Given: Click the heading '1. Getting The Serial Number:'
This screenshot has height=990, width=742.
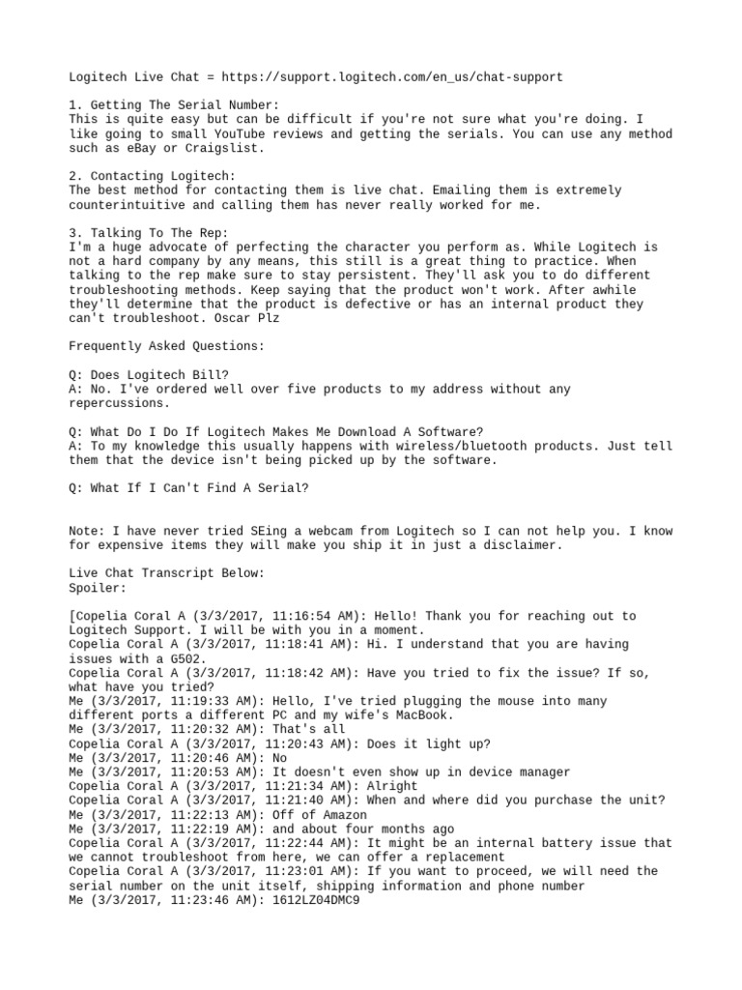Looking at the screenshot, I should pyautogui.click(x=174, y=104).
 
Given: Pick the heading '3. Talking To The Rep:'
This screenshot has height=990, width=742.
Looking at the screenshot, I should pyautogui.click(x=150, y=233).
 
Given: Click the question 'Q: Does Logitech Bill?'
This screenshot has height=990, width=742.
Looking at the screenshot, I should pyautogui.click(x=150, y=375).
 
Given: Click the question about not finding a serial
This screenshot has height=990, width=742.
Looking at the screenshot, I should pyautogui.click(x=189, y=488).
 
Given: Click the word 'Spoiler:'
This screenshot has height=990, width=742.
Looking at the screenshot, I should pyautogui.click(x=98, y=588).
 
